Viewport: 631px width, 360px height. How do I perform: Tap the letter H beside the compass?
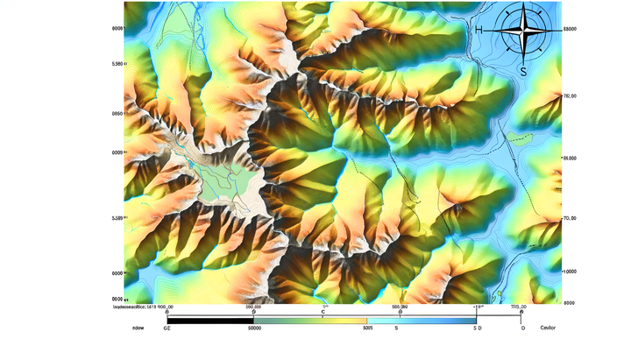click(x=479, y=30)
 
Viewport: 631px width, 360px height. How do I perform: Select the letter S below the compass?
click(x=523, y=72)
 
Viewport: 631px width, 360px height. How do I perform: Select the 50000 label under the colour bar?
click(x=255, y=328)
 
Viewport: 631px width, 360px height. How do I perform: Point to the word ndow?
click(x=138, y=328)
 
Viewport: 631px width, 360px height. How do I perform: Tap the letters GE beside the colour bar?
click(x=167, y=328)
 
